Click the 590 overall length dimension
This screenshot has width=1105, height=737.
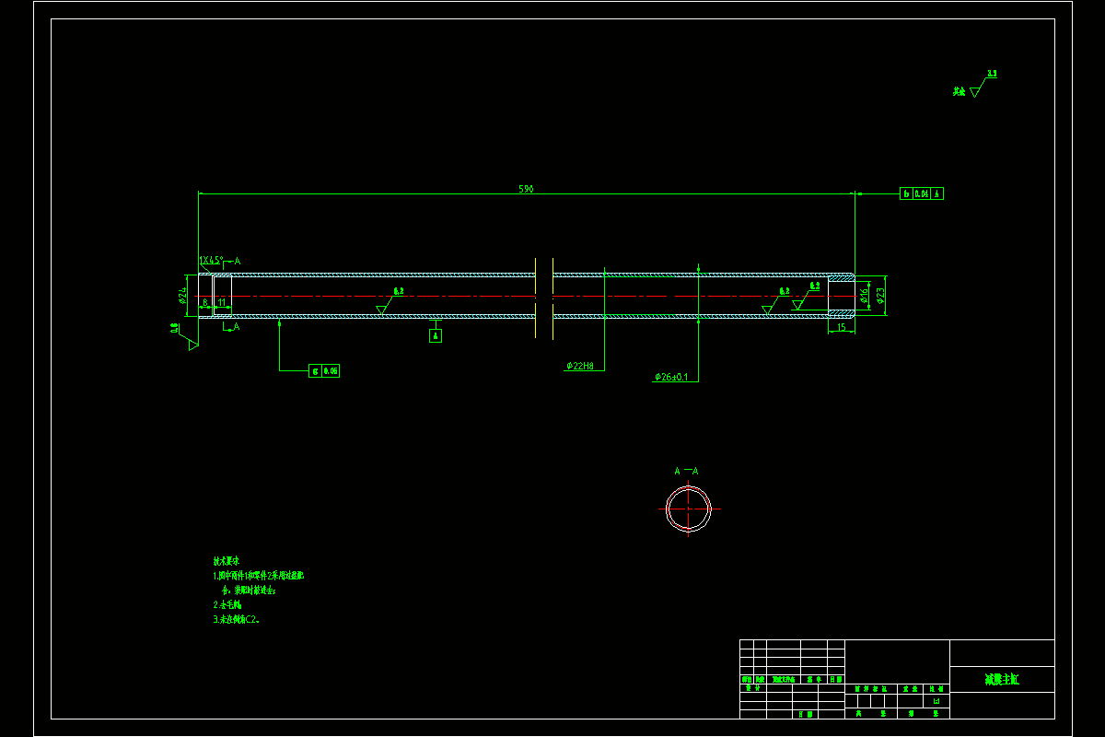(526, 189)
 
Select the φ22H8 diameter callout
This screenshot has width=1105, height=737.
(586, 366)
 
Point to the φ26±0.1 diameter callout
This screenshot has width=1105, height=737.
(671, 377)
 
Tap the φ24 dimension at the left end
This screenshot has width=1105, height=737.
(183, 295)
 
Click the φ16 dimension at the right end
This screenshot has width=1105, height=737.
(865, 295)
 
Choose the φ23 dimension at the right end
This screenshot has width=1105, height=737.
(881, 295)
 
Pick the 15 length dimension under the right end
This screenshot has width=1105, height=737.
(841, 327)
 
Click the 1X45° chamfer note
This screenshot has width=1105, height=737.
(212, 261)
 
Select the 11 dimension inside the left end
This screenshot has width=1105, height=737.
(222, 302)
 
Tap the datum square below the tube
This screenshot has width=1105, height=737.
(436, 335)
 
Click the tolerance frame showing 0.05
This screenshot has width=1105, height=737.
(324, 370)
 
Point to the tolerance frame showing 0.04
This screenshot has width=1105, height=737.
(921, 193)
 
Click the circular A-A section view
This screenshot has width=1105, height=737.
(688, 509)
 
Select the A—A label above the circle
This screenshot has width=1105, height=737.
(686, 472)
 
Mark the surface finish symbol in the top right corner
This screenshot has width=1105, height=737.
(975, 88)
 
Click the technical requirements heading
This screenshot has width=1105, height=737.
(227, 560)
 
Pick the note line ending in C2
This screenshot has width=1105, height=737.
(237, 620)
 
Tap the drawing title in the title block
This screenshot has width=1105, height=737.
(1002, 680)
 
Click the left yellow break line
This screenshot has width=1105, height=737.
(536, 298)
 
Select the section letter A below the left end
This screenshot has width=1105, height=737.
(237, 327)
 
